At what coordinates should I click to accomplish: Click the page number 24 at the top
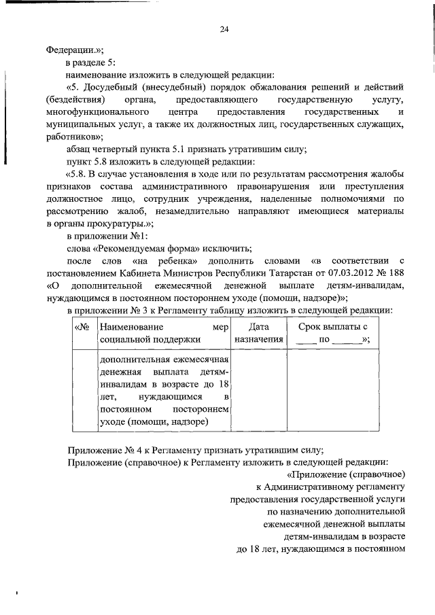point(224,29)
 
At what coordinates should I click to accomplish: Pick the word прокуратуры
point(118,222)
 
